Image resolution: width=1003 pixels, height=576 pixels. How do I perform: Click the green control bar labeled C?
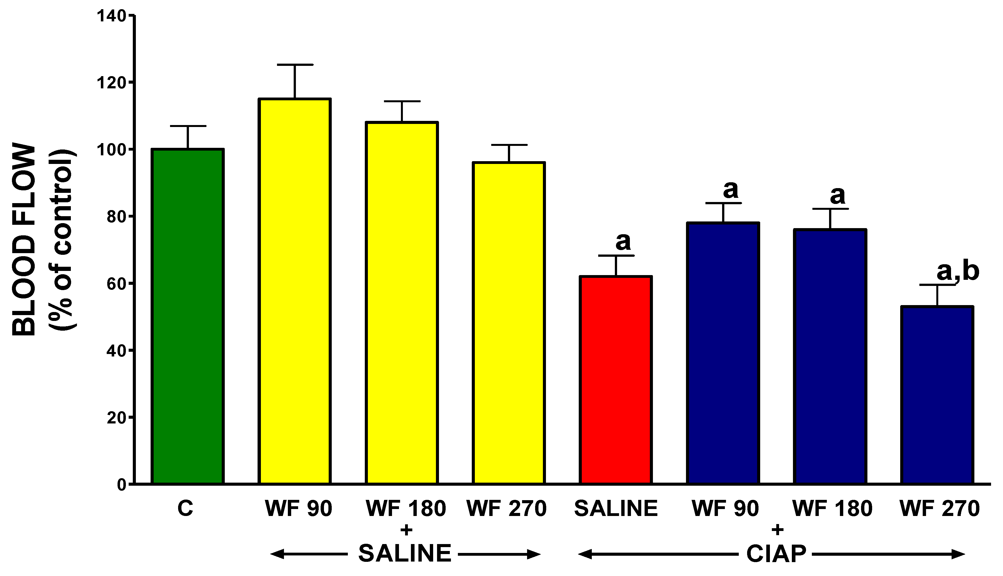tap(188, 316)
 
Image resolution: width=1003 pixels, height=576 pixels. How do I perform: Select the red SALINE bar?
tap(616, 380)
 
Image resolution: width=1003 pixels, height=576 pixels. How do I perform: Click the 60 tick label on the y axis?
tap(116, 284)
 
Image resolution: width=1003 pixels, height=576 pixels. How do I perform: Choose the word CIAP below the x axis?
tap(776, 554)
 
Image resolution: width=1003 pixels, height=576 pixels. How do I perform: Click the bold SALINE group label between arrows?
tap(405, 553)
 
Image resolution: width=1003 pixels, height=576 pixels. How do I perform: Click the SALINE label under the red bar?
tap(616, 509)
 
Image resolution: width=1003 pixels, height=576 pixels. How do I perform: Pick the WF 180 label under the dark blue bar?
tap(832, 509)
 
